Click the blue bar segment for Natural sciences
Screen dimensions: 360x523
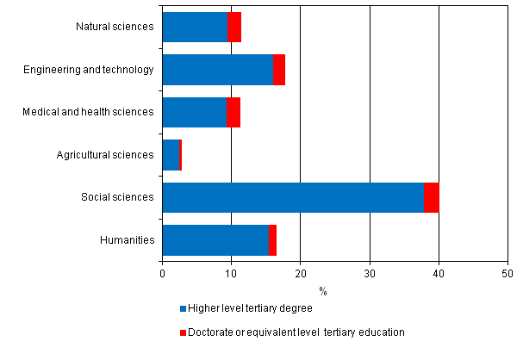click(x=195, y=27)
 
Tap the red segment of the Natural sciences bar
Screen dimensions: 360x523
click(x=233, y=27)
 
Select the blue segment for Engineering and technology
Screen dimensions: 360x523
click(x=217, y=70)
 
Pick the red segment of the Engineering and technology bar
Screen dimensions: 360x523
click(x=279, y=70)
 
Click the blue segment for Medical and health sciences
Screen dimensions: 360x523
click(x=195, y=112)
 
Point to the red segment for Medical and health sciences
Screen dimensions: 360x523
click(x=233, y=112)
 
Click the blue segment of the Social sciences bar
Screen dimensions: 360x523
click(x=293, y=197)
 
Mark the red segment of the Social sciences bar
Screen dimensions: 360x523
click(x=431, y=197)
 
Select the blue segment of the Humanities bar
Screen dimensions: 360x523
click(x=215, y=240)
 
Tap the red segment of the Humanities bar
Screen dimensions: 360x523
click(x=272, y=240)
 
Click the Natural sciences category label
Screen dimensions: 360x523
click(x=115, y=27)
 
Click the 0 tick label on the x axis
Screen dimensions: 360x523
click(x=162, y=274)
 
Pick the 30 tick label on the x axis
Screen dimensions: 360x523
click(x=370, y=274)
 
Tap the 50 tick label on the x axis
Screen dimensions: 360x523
click(x=507, y=274)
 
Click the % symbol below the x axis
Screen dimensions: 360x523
click(x=322, y=291)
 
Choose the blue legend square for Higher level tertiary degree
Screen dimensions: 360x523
click(x=183, y=308)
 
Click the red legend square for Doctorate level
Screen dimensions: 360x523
click(x=183, y=332)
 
